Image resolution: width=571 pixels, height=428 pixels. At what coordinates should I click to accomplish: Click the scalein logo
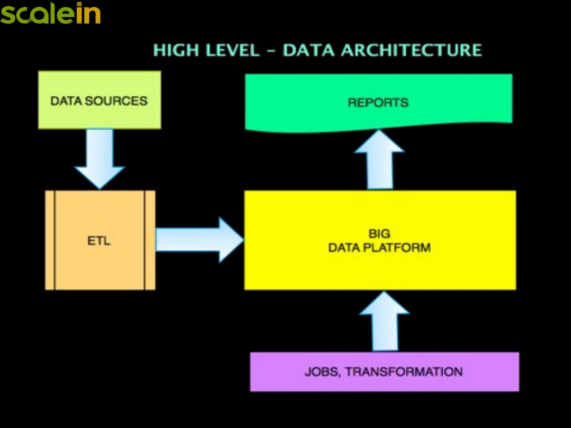pyautogui.click(x=50, y=13)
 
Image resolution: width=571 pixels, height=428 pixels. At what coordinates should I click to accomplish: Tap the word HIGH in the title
pyautogui.click(x=176, y=50)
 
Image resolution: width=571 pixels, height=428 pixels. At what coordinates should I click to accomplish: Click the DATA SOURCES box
pyautogui.click(x=100, y=100)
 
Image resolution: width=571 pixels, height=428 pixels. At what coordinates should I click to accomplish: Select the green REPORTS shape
pyautogui.click(x=379, y=102)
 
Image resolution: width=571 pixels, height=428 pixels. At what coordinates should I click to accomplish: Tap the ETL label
pyautogui.click(x=99, y=241)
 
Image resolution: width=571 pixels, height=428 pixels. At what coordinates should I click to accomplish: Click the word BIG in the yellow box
pyautogui.click(x=379, y=233)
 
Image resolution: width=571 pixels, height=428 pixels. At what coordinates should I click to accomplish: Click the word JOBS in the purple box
pyautogui.click(x=322, y=372)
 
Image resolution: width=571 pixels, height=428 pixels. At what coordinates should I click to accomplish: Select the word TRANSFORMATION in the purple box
pyautogui.click(x=404, y=372)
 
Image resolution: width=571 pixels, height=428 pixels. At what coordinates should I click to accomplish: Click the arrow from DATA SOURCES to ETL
pyautogui.click(x=100, y=159)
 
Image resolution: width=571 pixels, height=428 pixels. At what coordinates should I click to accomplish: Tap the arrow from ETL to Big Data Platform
pyautogui.click(x=198, y=240)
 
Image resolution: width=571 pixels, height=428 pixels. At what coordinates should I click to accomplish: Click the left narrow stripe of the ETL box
pyautogui.click(x=50, y=240)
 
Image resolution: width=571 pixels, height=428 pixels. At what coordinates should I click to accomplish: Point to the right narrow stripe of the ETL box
pyautogui.click(x=150, y=240)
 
